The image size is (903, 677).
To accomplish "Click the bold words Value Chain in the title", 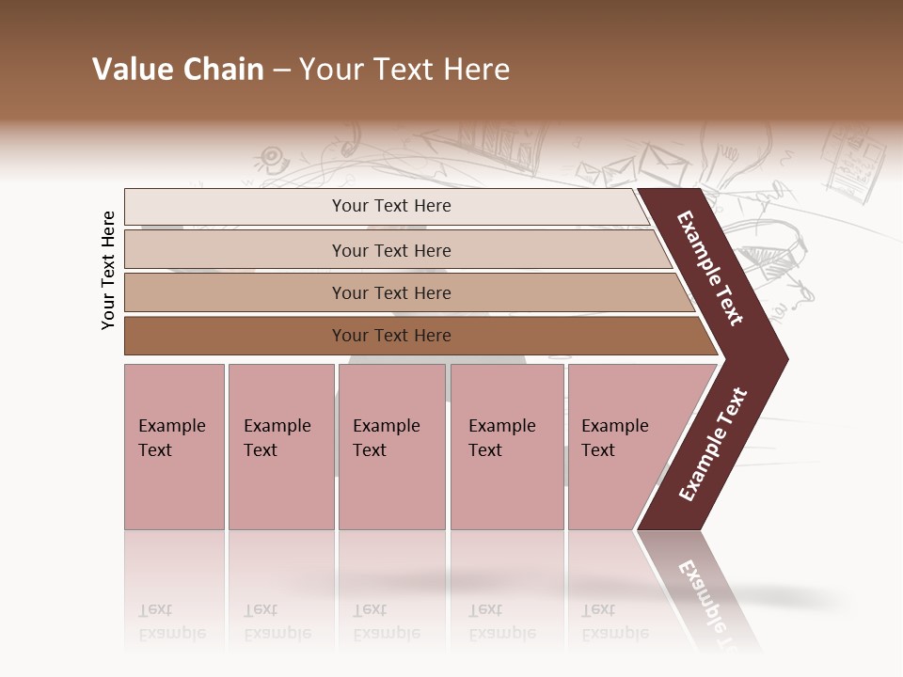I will [x=178, y=70].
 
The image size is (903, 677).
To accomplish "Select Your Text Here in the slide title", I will [x=404, y=70].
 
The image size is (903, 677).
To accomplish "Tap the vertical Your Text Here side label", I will [x=108, y=270].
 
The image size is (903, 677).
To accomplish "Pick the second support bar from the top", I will [x=390, y=250].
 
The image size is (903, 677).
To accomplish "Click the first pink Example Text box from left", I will [x=174, y=447].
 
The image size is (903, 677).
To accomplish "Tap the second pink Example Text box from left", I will [x=280, y=447].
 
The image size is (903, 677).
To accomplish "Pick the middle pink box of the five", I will [x=391, y=447].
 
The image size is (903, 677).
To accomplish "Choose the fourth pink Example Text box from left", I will [x=506, y=447].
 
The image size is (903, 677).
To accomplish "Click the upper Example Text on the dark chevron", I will [x=710, y=268].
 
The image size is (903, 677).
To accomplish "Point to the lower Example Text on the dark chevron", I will [x=713, y=444].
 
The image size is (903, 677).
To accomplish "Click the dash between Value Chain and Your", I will [x=281, y=70].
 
